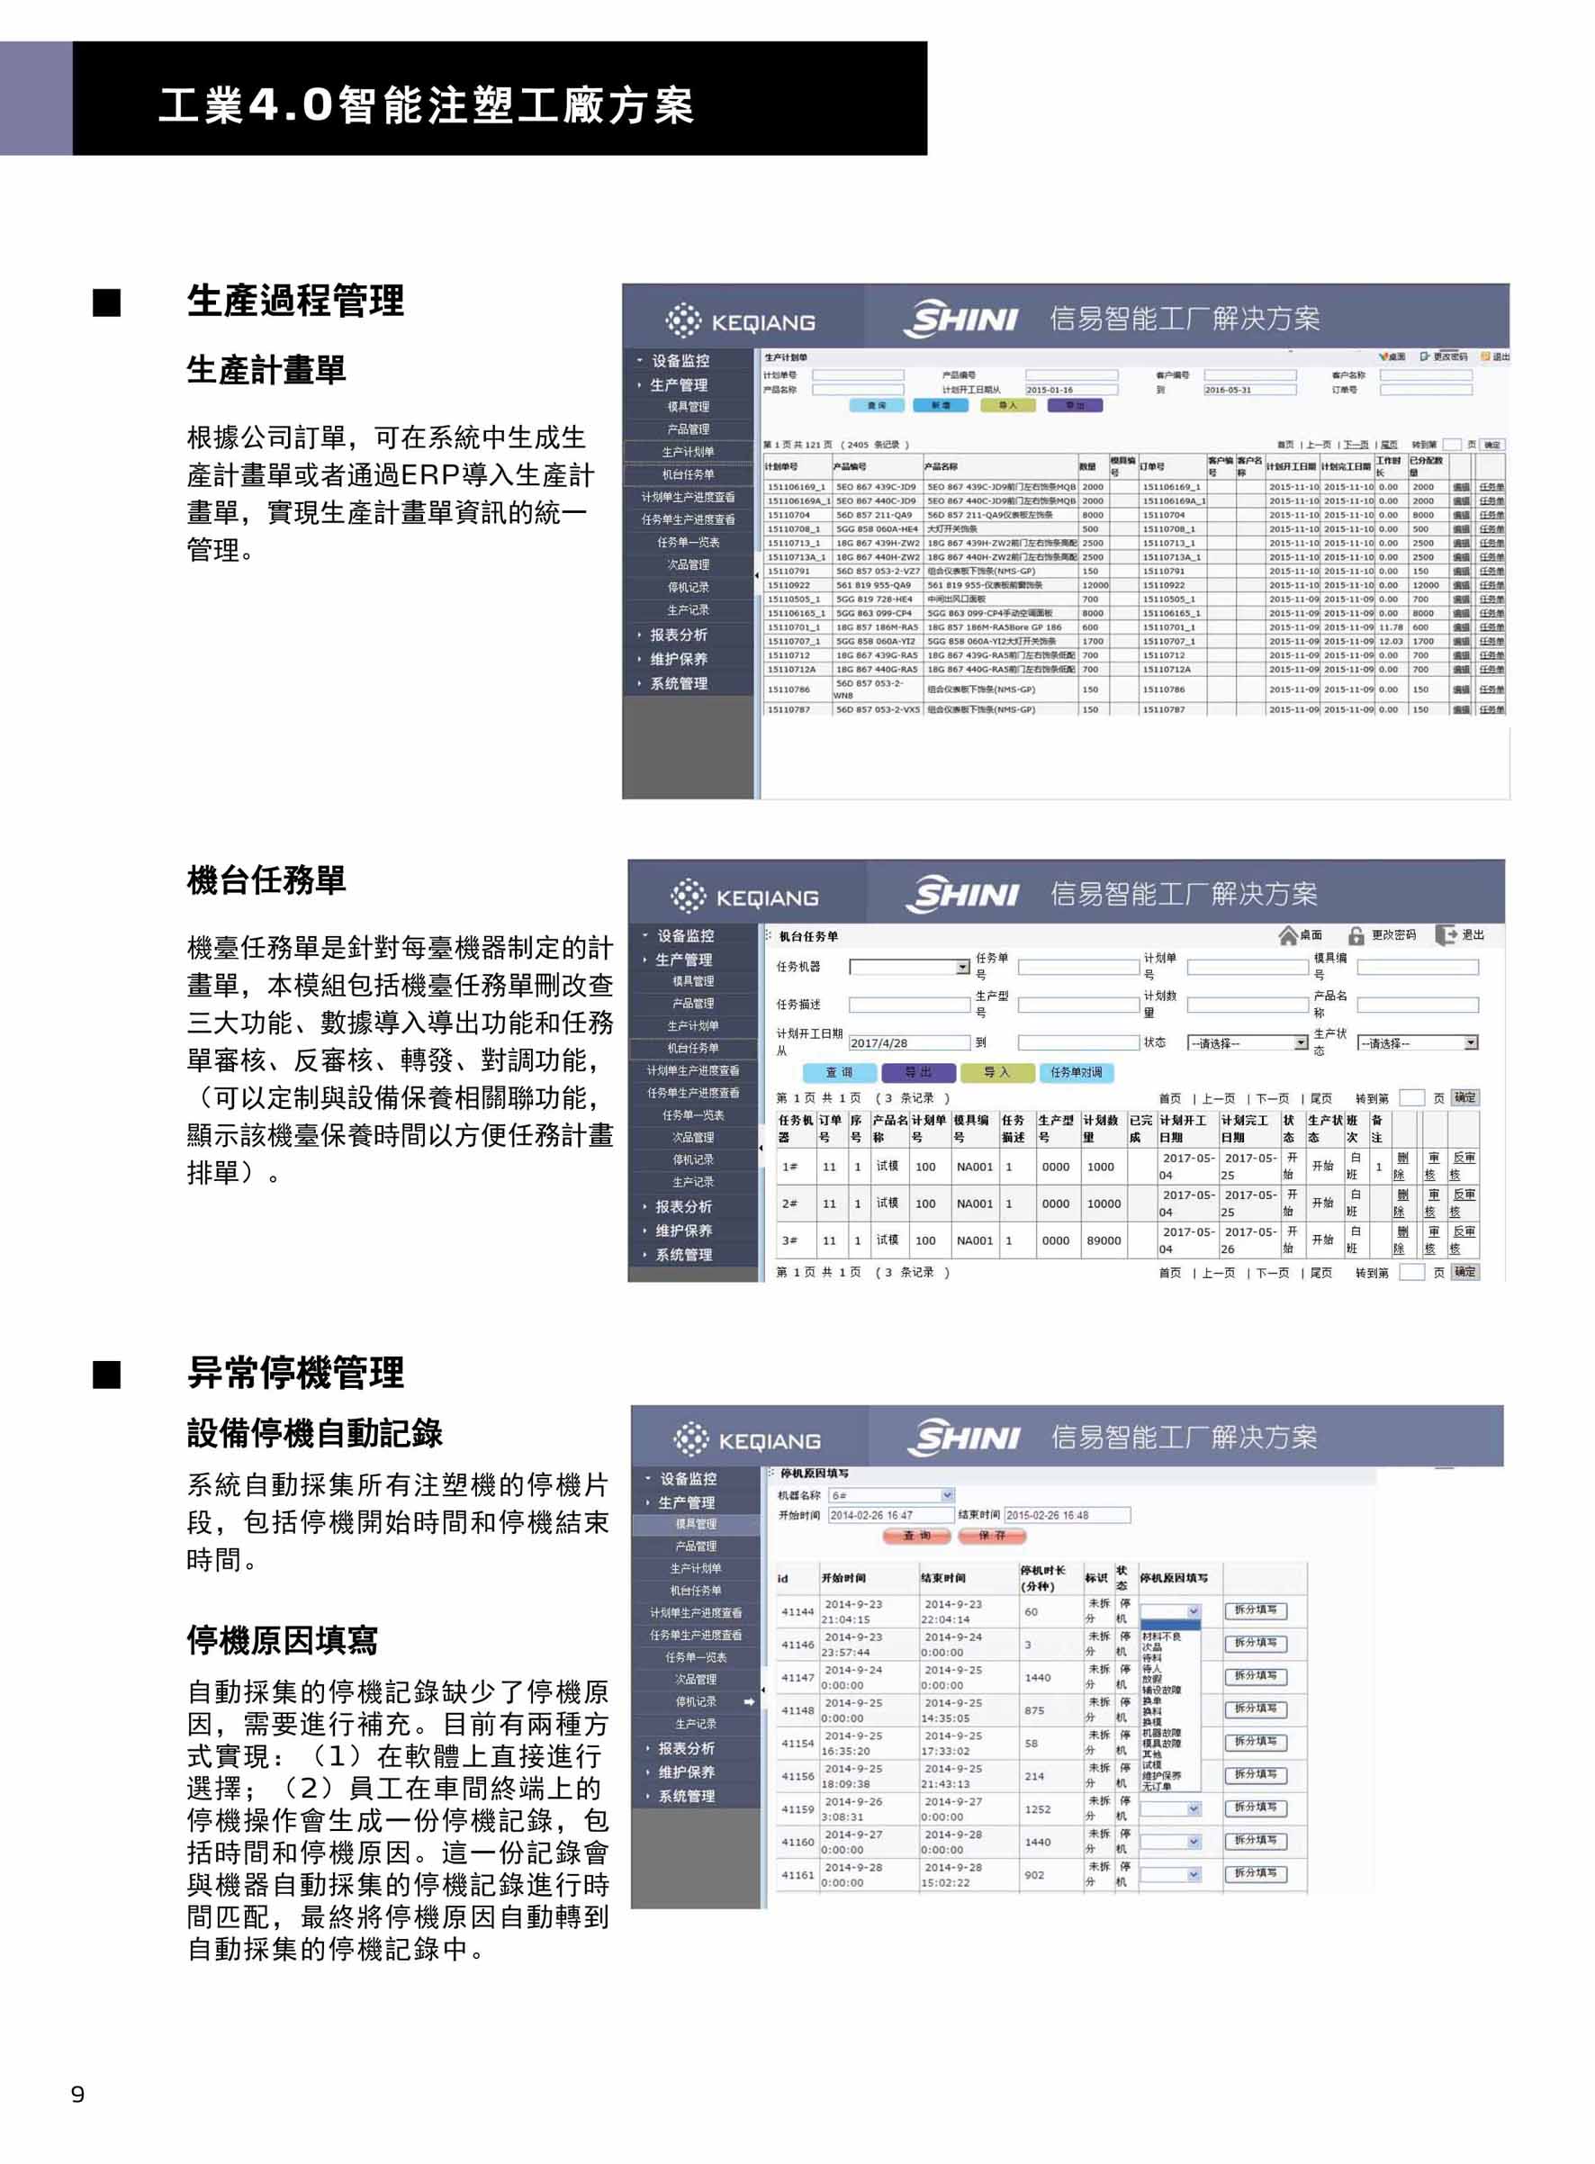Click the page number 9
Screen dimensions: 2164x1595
77,2094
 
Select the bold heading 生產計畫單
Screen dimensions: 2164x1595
266,370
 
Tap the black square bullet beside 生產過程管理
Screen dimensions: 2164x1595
107,302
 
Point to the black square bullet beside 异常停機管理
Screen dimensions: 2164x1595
107,1375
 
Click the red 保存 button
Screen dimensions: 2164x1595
992,1536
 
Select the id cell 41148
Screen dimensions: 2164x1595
797,1710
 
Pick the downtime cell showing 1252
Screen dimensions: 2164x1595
1037,1808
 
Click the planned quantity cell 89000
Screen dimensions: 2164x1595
1104,1240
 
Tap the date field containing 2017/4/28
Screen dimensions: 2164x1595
907,1043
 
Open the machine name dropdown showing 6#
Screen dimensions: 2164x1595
890,1495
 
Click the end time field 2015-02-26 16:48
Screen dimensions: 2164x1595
1066,1515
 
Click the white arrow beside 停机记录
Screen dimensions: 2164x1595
749,1701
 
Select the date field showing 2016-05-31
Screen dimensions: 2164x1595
1248,390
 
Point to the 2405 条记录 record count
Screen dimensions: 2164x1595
877,446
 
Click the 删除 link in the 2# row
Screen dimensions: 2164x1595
1401,1204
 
